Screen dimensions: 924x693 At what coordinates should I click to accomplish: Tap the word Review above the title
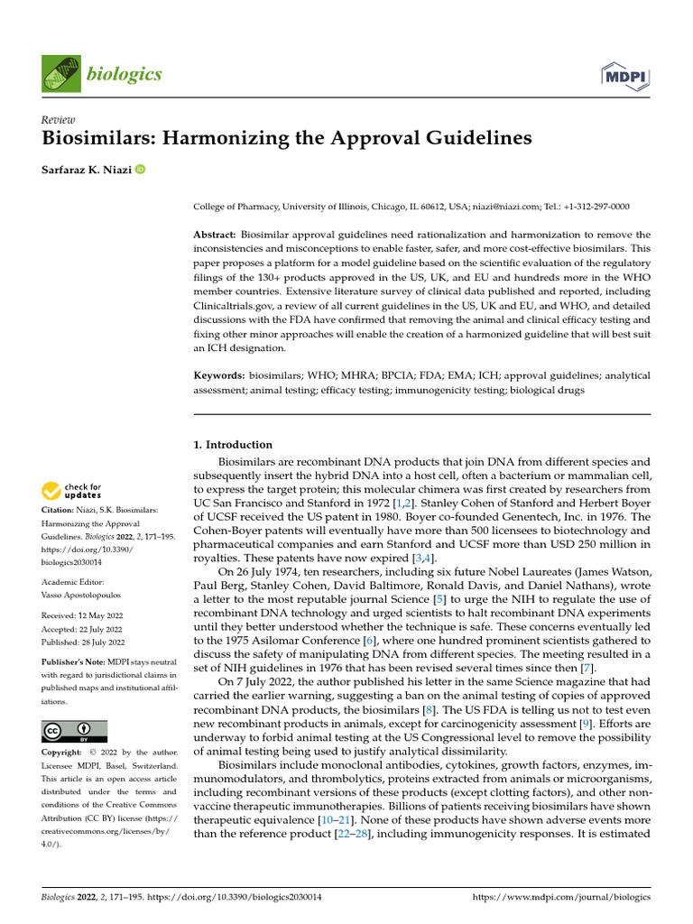(60, 120)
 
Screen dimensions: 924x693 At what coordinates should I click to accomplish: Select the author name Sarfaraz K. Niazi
(88, 170)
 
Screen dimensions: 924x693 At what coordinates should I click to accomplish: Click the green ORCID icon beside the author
(140, 170)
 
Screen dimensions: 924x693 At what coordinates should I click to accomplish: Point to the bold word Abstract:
(217, 234)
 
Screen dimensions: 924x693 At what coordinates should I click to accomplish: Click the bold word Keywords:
(219, 374)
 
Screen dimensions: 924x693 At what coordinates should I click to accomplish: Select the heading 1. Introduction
(234, 444)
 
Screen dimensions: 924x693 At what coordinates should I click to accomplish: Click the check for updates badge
(73, 492)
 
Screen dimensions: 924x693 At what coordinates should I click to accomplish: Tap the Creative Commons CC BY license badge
(74, 730)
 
